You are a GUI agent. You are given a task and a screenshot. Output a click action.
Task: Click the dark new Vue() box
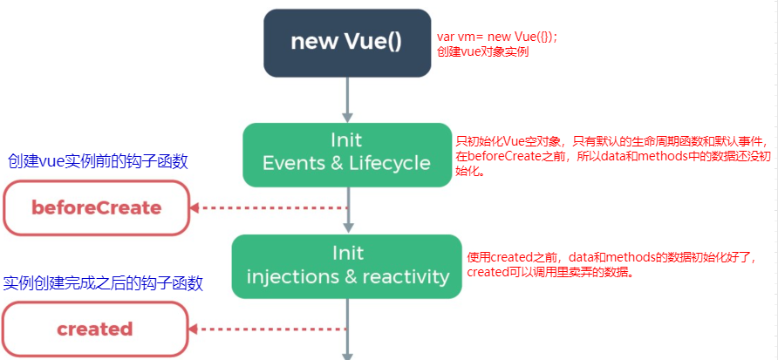click(347, 43)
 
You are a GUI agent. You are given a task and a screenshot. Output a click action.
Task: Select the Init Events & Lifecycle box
click(347, 154)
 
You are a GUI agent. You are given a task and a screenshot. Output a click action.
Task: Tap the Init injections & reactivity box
click(347, 267)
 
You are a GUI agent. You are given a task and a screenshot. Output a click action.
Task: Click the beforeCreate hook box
click(96, 207)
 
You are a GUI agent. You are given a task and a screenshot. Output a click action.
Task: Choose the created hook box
click(96, 329)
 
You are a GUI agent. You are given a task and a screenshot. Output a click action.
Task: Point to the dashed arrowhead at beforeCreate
click(194, 207)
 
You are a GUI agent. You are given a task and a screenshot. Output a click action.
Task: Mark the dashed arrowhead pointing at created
click(194, 329)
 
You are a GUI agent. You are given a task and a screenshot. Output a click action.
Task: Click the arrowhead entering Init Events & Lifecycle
click(347, 118)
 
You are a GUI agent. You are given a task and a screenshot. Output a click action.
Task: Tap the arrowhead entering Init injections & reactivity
click(347, 229)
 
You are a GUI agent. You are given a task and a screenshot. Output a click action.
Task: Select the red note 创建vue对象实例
click(482, 52)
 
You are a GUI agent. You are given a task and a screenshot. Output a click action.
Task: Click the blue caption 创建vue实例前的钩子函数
click(99, 161)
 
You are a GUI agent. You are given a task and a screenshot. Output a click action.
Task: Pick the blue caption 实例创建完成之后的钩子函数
click(103, 283)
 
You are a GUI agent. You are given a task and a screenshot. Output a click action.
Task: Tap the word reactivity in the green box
click(406, 276)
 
